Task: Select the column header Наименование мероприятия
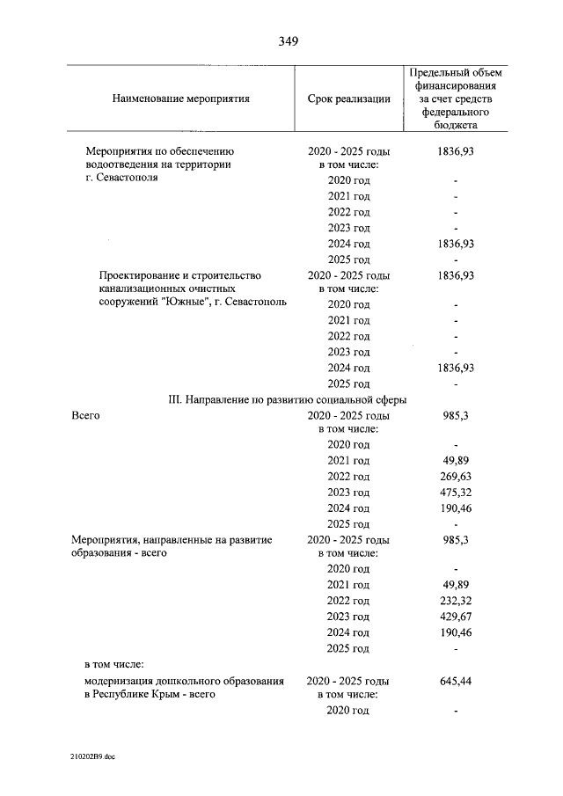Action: tap(181, 99)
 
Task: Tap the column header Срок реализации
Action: tap(348, 99)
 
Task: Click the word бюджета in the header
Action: tap(456, 126)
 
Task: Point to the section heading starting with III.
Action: tap(287, 399)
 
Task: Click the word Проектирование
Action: tap(141, 275)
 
